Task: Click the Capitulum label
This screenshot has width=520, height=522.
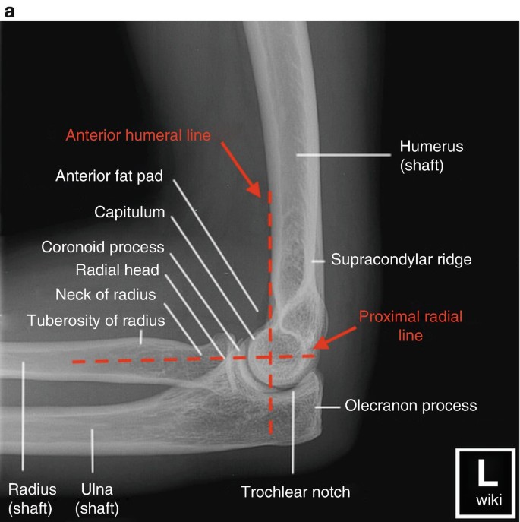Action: pos(129,212)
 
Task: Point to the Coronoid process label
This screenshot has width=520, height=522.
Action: pos(103,247)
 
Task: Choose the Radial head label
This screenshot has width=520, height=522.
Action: pos(117,270)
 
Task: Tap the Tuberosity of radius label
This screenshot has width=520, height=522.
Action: pos(96,320)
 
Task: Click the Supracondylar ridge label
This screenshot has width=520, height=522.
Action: pos(402,259)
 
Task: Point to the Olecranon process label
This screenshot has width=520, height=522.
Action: pos(411,405)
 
